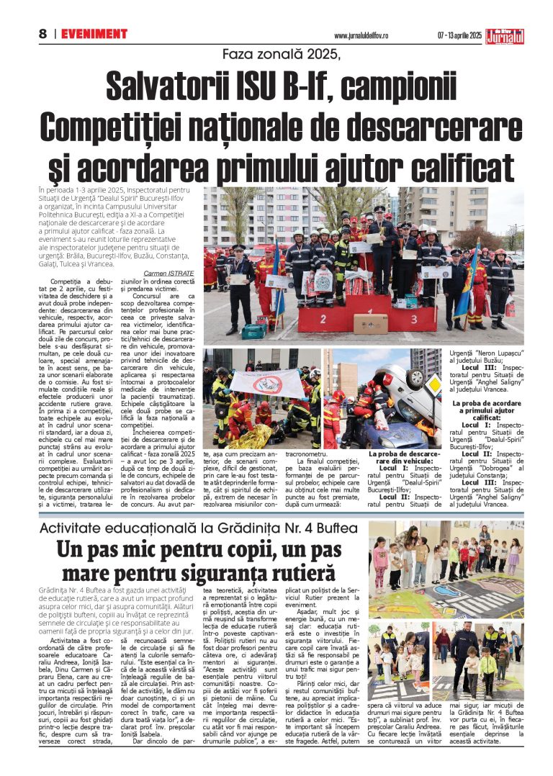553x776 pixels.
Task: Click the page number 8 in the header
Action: point(42,34)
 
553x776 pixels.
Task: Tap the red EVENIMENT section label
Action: point(94,34)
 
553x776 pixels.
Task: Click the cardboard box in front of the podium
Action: point(371,323)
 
